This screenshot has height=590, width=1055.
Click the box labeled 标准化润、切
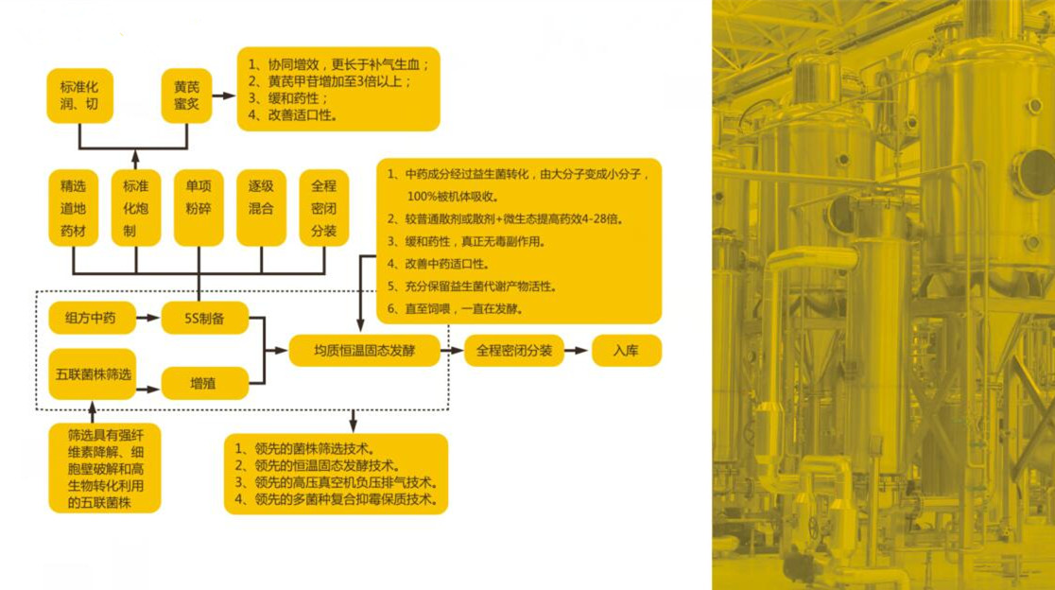[79, 95]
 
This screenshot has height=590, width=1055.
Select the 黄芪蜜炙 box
[186, 95]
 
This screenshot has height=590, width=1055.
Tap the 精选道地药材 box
[74, 208]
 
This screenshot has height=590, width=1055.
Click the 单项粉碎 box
[199, 208]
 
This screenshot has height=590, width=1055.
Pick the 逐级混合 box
[261, 208]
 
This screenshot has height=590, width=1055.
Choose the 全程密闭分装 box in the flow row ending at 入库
[514, 351]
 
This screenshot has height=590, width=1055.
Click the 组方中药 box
[92, 319]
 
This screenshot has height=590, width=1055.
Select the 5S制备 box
[204, 319]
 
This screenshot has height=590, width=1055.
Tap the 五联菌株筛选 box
[93, 374]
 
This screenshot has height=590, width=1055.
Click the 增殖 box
[204, 384]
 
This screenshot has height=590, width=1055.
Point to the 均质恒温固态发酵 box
[364, 351]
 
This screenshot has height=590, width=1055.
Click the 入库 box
[627, 351]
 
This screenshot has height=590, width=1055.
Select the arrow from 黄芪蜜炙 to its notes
[224, 95]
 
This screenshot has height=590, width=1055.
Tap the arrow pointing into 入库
[577, 351]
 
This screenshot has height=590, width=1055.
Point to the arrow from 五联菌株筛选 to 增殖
[148, 389]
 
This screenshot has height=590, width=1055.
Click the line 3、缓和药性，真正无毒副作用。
[466, 241]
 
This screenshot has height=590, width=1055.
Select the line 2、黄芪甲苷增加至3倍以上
[330, 81]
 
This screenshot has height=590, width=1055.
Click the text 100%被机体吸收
[453, 197]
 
